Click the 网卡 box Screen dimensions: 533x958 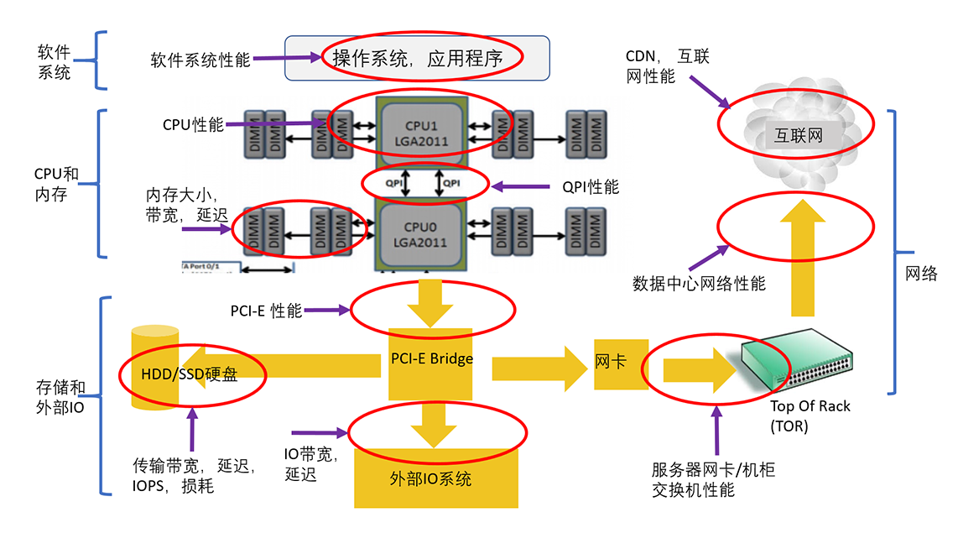610,363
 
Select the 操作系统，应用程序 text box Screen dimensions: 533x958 417,59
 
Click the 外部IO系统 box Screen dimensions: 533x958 430,479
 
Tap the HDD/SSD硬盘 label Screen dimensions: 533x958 190,374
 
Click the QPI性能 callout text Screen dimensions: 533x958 591,186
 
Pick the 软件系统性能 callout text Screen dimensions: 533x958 200,60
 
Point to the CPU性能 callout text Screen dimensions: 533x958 193,125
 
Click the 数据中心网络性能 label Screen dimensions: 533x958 699,284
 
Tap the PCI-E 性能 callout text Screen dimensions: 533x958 266,311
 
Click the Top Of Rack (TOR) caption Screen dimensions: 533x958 810,415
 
